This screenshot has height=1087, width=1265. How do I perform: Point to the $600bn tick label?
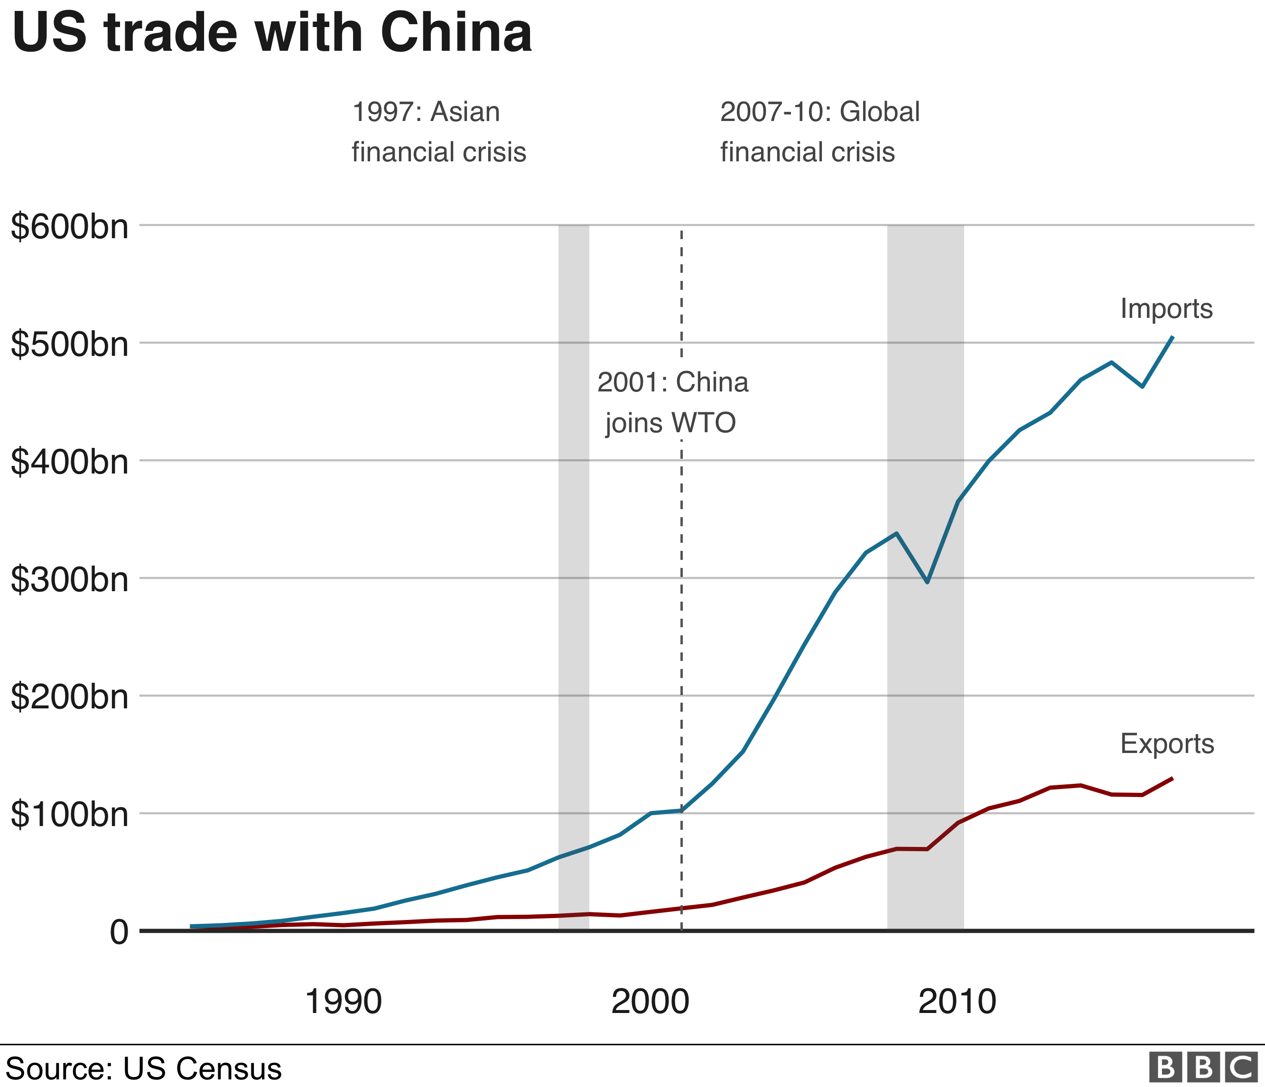[x=70, y=227]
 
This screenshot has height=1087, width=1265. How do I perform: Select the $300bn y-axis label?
[x=70, y=580]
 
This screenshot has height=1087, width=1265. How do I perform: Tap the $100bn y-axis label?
[x=70, y=816]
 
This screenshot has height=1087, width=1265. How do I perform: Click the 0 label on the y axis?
[x=119, y=933]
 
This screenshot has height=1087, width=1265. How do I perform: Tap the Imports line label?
[x=1166, y=309]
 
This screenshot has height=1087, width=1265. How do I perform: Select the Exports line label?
[x=1167, y=744]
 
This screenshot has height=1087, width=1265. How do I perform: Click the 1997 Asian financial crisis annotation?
[x=438, y=132]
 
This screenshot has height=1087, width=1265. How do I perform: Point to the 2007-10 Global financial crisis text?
[x=819, y=132]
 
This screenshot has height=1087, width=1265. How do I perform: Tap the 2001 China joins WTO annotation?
[x=672, y=403]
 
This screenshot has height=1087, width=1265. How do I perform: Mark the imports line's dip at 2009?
[x=927, y=582]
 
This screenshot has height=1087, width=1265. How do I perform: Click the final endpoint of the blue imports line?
[x=1172, y=337]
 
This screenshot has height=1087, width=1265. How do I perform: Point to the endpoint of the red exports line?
[x=1172, y=778]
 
